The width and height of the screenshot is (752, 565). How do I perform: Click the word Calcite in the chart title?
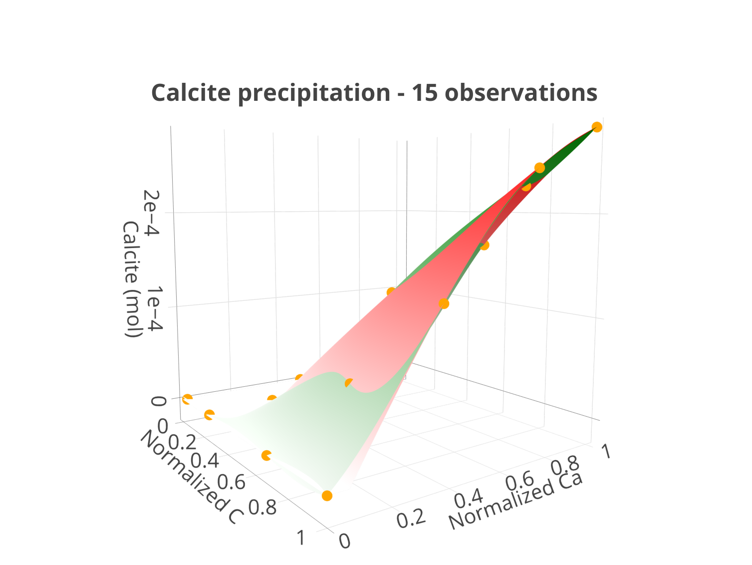coord(191,93)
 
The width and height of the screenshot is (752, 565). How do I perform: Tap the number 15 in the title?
coord(424,93)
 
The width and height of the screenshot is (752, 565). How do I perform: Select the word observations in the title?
coord(521,93)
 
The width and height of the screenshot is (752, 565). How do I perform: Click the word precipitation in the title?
coord(314,93)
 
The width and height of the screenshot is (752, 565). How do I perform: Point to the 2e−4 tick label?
coord(151,213)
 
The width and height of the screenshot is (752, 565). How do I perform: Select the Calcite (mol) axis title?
coord(131,279)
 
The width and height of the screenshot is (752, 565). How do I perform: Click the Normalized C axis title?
coord(192,477)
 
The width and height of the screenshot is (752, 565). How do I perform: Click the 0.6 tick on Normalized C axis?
coord(231,482)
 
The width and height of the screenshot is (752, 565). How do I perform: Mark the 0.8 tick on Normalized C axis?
coord(262,507)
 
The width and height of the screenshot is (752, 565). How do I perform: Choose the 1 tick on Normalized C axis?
coord(301,537)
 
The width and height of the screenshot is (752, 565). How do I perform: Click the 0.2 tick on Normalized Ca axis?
coord(411,519)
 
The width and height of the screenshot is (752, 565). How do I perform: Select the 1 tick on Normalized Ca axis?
coord(606,451)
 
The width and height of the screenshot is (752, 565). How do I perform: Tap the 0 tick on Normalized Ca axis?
coord(345,542)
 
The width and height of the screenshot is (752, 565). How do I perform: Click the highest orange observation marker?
coord(597,127)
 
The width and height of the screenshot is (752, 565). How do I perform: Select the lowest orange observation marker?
coord(327,496)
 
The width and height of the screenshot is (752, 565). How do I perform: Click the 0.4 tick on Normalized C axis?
coord(205,460)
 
